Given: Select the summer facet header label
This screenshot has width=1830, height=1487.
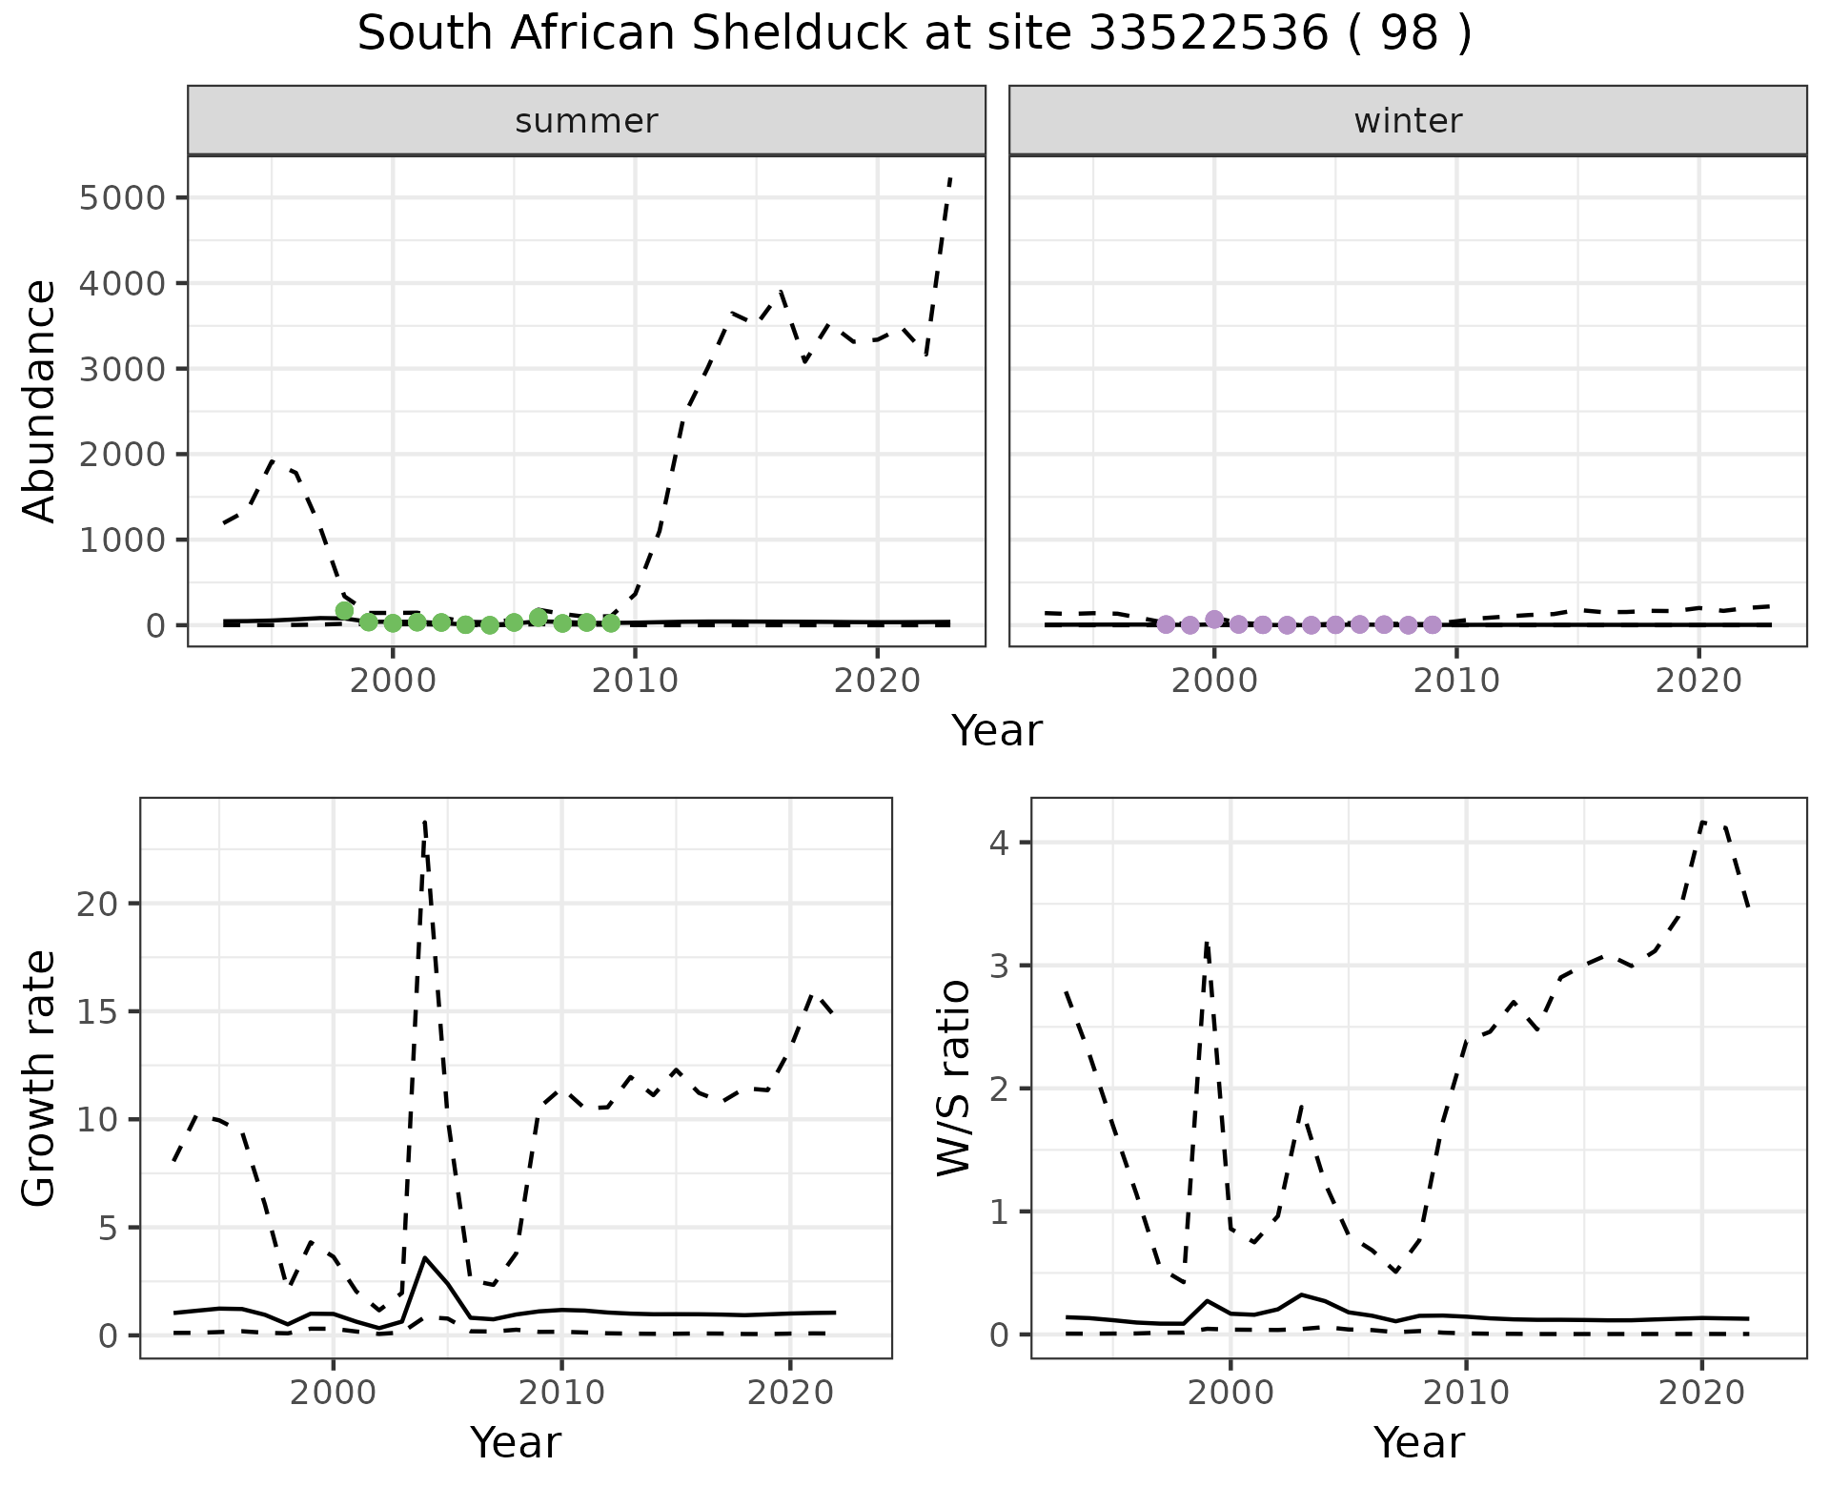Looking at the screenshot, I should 586,121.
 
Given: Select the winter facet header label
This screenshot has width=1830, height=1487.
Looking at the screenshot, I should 1408,121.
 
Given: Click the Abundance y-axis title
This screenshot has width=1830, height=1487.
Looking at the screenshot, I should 39,400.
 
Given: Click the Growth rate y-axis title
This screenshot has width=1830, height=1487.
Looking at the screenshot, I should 39,1077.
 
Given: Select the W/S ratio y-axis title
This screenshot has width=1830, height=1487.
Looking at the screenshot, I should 954,1077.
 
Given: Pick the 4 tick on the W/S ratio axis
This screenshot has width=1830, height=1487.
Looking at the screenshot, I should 1000,843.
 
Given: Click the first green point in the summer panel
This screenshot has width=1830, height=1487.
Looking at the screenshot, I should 344,611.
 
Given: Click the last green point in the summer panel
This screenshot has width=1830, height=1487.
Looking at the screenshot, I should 611,623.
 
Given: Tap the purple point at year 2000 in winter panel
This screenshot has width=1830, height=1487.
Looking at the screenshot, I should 1214,620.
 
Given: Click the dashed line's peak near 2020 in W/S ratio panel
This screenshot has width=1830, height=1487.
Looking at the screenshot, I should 1703,822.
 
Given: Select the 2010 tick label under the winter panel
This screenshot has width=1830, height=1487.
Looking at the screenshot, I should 1455,682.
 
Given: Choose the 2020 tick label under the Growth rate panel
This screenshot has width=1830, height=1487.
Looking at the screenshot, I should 790,1394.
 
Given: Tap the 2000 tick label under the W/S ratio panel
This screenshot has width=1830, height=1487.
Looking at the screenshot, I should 1230,1394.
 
